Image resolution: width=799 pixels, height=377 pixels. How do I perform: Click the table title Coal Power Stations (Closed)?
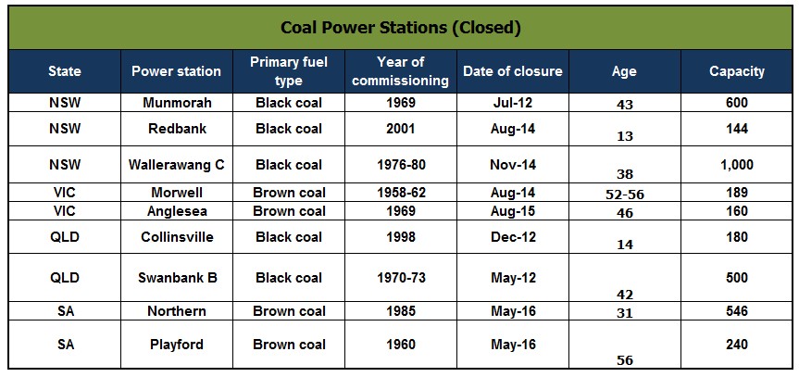point(401,28)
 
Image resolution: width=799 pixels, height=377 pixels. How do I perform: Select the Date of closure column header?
point(513,71)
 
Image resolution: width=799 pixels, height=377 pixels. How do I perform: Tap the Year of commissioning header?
point(401,71)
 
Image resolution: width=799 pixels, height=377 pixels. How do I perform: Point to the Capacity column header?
point(737,71)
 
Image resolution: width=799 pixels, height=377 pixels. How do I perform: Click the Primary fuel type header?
point(289,71)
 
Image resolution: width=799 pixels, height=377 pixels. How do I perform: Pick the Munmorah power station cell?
point(177,103)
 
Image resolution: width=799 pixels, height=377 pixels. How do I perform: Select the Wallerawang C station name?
point(176,165)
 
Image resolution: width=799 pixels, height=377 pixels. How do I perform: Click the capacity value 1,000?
point(737,165)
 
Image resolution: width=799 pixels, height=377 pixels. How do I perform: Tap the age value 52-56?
point(625,195)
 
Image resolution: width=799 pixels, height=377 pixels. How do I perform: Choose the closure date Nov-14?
point(513,165)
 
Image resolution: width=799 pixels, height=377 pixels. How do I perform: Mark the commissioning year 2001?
point(401,129)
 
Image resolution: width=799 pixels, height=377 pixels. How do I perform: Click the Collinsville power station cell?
point(177,237)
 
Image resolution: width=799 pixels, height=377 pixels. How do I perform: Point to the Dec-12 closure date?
point(513,237)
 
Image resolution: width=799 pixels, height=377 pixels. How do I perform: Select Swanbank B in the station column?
point(178,278)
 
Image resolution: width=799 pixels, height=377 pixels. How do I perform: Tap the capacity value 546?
point(737,310)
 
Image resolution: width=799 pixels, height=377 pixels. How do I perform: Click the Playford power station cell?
point(177,345)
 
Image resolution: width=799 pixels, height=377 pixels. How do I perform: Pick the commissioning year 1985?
point(401,310)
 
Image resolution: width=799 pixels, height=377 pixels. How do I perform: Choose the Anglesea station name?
point(177,211)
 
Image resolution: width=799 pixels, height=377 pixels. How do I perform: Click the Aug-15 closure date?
point(513,211)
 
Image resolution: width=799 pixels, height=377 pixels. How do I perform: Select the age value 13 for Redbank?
point(625,136)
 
